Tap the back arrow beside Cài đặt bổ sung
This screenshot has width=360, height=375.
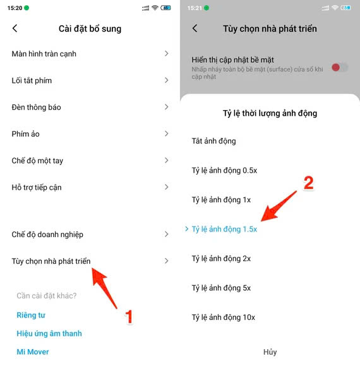tap(15, 28)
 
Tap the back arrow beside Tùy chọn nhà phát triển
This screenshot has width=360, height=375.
tap(195, 28)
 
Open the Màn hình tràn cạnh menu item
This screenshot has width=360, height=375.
tap(44, 54)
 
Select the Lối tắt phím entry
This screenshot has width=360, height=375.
tap(32, 80)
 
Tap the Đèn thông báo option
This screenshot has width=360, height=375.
tap(37, 107)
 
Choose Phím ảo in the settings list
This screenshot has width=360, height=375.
tap(26, 133)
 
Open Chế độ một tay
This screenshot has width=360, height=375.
tap(37, 161)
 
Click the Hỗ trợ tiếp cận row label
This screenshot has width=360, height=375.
tap(37, 187)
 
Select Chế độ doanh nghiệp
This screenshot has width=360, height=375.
tap(47, 234)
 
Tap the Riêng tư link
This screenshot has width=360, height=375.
tap(31, 315)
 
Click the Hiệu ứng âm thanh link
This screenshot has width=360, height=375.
tap(49, 333)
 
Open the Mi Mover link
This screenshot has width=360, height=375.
tap(33, 352)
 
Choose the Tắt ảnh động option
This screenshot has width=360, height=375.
tap(214, 141)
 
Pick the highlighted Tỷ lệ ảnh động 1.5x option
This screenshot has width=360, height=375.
tap(224, 229)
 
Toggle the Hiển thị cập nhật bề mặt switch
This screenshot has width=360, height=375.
tap(340, 67)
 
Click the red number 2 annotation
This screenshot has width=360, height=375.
tap(309, 183)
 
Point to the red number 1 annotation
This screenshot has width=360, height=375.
tap(129, 316)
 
